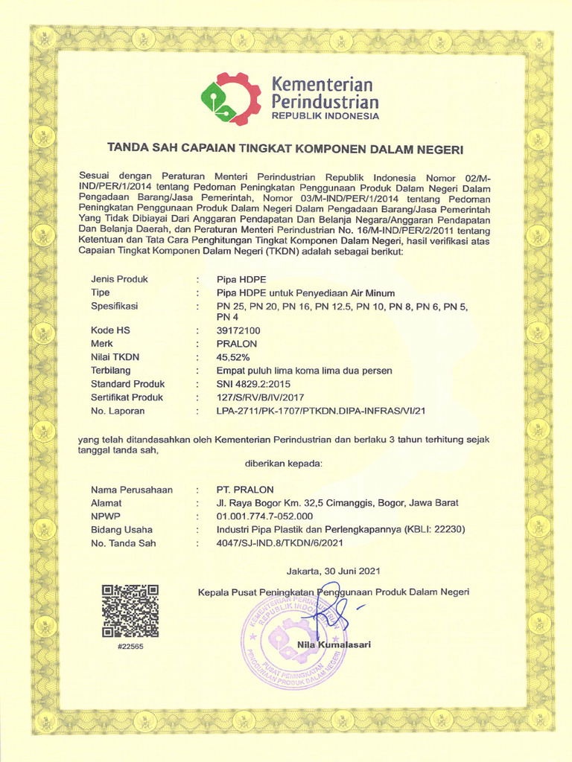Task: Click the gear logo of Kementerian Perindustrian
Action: tap(230, 99)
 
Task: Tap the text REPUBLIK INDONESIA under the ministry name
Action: tap(325, 117)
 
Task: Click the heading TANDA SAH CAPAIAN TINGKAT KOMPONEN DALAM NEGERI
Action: tap(285, 149)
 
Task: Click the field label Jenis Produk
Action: tap(119, 279)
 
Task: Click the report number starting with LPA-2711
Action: tap(320, 411)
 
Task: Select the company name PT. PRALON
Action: tap(245, 490)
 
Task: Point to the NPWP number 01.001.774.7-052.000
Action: tap(264, 516)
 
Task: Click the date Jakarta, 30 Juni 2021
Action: tap(334, 571)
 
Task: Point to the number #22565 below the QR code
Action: tap(130, 647)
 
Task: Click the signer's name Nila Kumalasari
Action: tap(334, 644)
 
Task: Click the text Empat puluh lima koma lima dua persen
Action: tap(304, 371)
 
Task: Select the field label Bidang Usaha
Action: tap(121, 530)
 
